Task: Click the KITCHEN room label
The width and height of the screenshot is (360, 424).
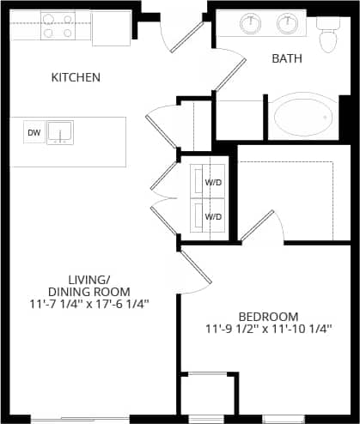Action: (x=76, y=77)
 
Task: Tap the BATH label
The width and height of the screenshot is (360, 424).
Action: (x=286, y=59)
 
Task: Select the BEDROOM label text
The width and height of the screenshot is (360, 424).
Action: (x=268, y=316)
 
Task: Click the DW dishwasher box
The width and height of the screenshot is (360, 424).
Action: (x=34, y=132)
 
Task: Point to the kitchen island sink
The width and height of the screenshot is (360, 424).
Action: (x=60, y=131)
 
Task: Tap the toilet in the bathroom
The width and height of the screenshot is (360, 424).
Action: (x=327, y=37)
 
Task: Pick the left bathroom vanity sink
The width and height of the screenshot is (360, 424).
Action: (x=252, y=24)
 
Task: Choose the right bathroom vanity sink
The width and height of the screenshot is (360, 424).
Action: (x=287, y=24)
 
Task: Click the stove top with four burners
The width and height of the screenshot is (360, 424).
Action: (x=57, y=26)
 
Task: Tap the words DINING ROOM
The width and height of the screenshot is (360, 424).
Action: (x=101, y=292)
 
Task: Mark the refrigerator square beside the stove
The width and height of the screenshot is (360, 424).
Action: (x=111, y=27)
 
